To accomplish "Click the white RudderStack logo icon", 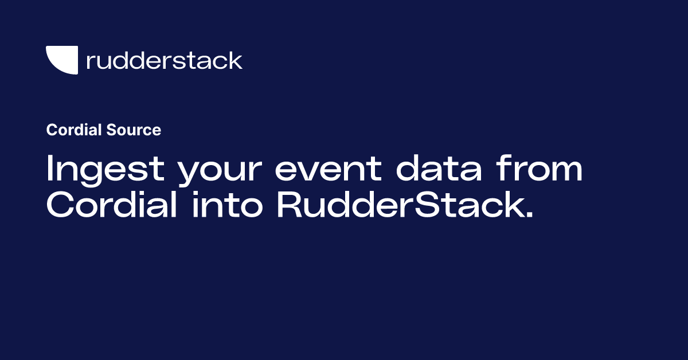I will pyautogui.click(x=62, y=60).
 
